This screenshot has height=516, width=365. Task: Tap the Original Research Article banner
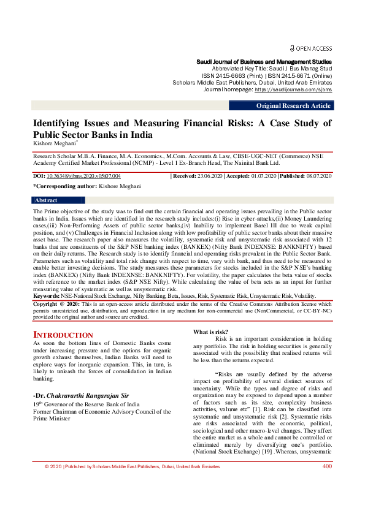(293, 106)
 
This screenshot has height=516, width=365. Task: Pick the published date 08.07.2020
(317, 176)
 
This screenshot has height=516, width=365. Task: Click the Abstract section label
(46, 200)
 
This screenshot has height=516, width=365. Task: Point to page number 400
(328, 501)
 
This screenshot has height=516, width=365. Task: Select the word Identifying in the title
(63, 123)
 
